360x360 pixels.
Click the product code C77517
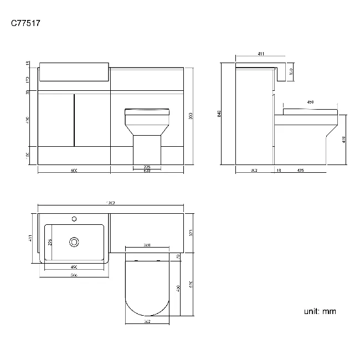point(25,23)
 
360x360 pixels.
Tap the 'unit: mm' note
point(320,311)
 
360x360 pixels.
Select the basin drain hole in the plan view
point(74,242)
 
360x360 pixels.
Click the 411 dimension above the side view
point(260,54)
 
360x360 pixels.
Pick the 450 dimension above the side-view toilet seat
point(310,102)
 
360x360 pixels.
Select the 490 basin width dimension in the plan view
point(74,268)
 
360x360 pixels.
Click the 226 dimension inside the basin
point(49,241)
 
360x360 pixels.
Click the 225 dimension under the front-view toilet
point(147,167)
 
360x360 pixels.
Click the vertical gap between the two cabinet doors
point(74,120)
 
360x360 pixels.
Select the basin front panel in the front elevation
point(74,72)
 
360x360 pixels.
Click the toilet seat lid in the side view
point(310,111)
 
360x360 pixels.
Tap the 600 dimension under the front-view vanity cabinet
point(74,171)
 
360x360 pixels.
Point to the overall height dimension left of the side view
point(219,114)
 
